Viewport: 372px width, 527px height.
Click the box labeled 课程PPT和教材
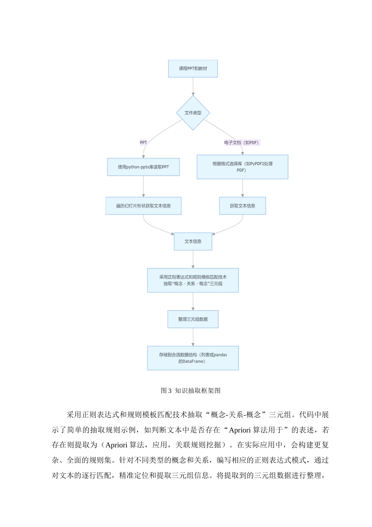point(193,69)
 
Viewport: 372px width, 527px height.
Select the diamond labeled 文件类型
point(193,113)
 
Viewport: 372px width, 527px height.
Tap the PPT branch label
point(143,143)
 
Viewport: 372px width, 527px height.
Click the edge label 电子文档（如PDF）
point(242,143)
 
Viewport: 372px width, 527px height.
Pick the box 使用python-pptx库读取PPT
point(143,167)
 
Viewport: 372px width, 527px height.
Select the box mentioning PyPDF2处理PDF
point(242,167)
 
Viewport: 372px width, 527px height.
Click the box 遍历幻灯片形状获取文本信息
point(143,206)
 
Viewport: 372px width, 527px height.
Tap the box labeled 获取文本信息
point(242,206)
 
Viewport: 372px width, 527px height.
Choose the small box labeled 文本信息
point(193,242)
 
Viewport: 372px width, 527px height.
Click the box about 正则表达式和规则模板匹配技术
point(193,280)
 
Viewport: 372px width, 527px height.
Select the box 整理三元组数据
point(193,319)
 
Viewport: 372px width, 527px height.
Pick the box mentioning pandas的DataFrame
point(193,358)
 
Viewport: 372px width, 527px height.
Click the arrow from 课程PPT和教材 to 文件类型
point(193,86)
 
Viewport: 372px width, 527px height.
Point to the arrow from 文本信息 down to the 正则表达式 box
point(193,259)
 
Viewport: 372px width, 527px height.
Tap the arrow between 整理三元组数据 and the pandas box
point(193,337)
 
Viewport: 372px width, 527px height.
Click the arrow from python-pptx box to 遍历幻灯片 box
point(143,187)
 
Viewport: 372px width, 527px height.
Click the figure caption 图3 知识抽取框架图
point(191,391)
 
